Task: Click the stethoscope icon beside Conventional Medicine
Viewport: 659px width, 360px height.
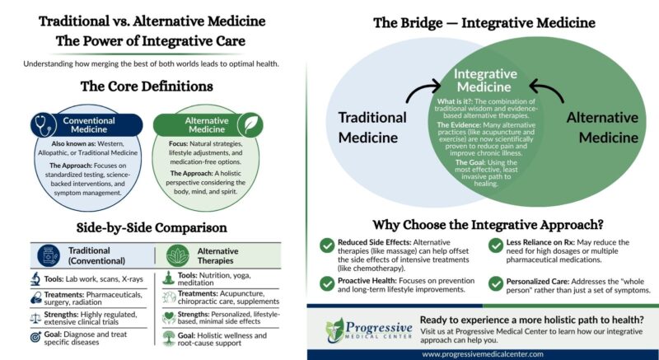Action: pos(42,126)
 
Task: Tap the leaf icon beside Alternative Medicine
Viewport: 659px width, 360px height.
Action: pos(245,125)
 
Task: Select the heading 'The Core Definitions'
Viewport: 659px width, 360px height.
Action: pos(147,85)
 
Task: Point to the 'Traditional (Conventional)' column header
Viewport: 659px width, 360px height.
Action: pos(88,255)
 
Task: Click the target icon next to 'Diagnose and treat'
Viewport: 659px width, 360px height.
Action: pos(35,338)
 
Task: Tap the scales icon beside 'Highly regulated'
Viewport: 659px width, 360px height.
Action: pos(35,316)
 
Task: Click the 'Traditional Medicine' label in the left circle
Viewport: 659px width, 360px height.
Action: pos(373,125)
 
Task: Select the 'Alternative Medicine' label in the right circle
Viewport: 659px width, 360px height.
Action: pos(602,125)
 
